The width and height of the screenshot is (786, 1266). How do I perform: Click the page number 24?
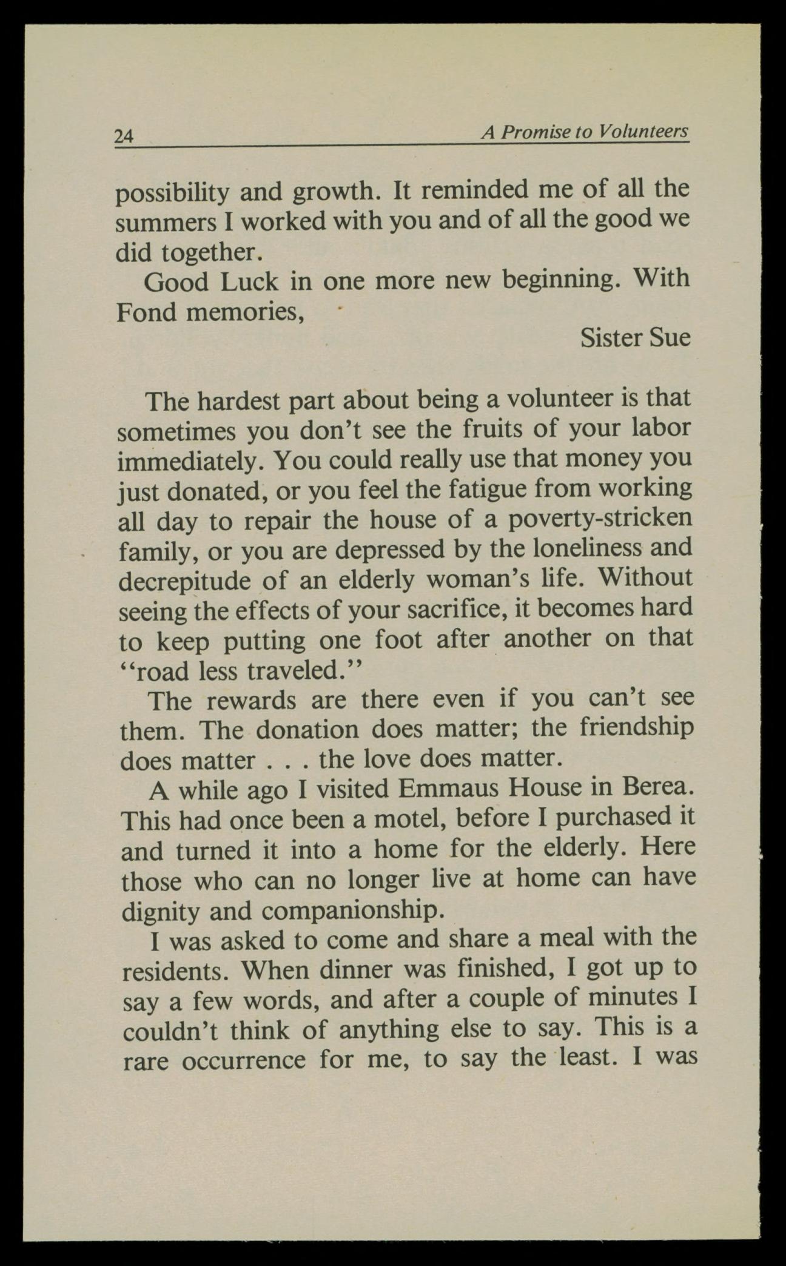(124, 136)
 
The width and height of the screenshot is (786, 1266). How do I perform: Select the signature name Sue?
(670, 337)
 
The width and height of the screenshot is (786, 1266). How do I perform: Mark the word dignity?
(160, 912)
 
